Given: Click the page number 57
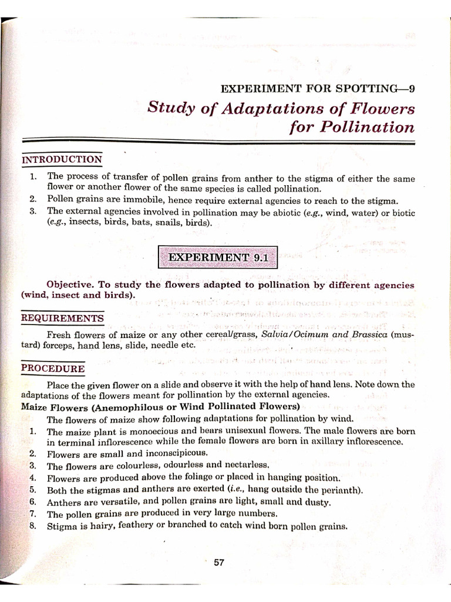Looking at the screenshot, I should [219, 563].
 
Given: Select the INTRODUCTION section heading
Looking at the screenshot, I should [62, 160].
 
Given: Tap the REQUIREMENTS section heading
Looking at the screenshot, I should [63, 319].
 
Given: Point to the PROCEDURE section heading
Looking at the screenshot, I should [53, 369].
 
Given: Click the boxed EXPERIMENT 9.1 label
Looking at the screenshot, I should [218, 257].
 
